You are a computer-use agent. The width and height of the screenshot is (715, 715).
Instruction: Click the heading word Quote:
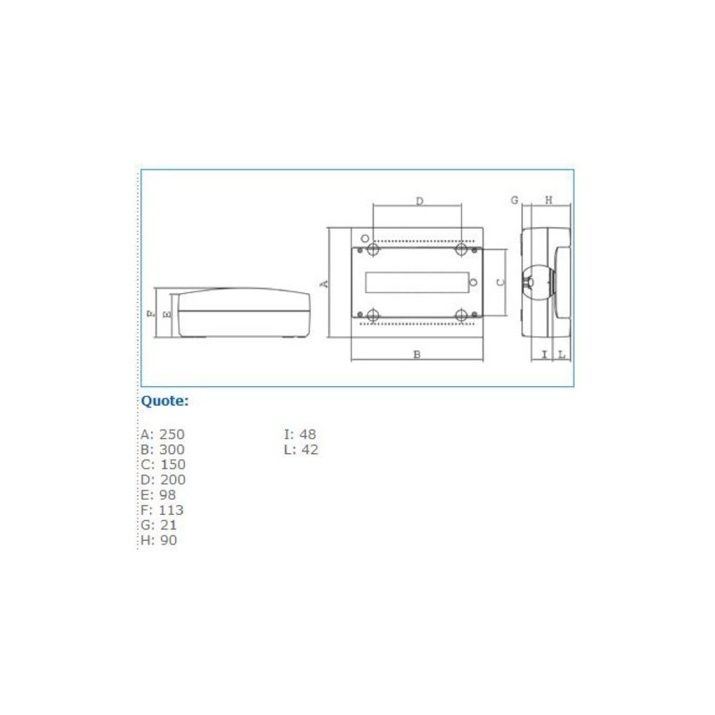click(x=164, y=401)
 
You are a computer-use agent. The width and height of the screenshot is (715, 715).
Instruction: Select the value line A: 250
click(x=162, y=434)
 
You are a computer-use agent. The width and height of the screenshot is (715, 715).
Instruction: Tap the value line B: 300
click(x=162, y=450)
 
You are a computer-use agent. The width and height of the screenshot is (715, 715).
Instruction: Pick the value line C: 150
click(x=162, y=465)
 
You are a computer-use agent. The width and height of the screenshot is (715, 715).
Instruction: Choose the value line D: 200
click(x=162, y=480)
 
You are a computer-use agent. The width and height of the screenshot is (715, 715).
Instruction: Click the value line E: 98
click(x=158, y=495)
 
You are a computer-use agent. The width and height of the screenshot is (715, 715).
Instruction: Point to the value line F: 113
click(x=162, y=510)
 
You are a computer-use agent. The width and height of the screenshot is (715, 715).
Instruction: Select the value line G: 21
click(x=158, y=526)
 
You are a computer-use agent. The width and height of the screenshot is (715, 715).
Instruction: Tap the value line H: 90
click(x=158, y=541)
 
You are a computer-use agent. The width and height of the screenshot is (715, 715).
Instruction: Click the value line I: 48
click(x=299, y=434)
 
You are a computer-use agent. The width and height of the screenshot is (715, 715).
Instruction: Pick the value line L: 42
click(x=300, y=450)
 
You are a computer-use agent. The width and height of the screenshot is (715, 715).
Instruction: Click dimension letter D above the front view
click(x=419, y=201)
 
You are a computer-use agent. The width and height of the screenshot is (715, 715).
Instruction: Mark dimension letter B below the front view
click(x=416, y=355)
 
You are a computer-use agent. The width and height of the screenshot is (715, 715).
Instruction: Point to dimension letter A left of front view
click(x=325, y=283)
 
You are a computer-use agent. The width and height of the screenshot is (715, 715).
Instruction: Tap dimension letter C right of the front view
click(x=500, y=282)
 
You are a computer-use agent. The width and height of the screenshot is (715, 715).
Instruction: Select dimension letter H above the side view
click(x=549, y=199)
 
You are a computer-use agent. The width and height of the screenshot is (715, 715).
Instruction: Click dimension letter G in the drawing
click(x=515, y=199)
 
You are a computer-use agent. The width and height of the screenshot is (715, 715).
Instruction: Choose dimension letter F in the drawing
click(x=150, y=314)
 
